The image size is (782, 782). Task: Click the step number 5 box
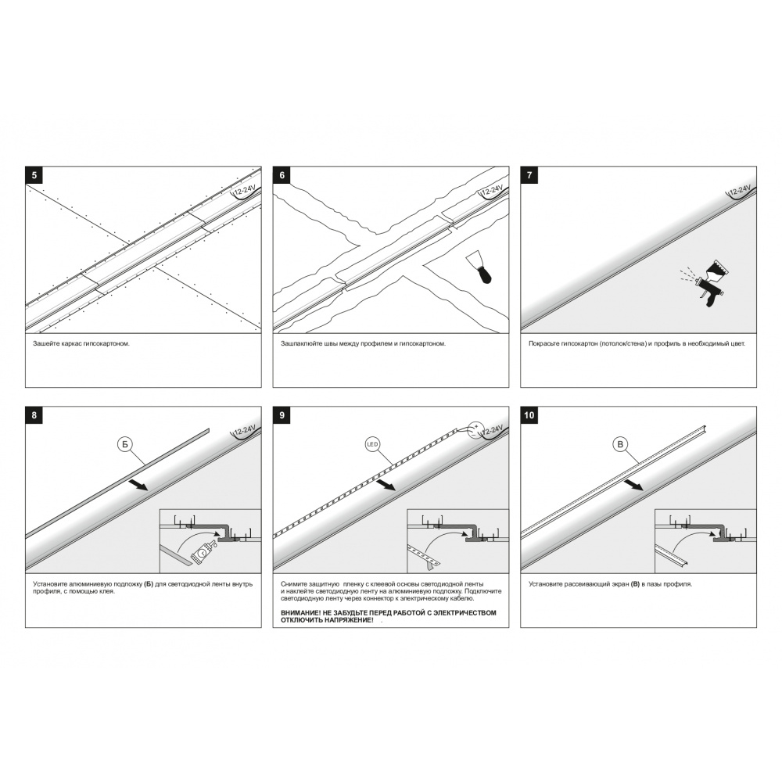pos(34,175)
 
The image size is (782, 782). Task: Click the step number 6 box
pos(282,175)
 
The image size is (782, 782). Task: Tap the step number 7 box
pos(529,175)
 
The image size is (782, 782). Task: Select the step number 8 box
pos(34,415)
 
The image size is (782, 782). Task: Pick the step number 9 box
pos(282,415)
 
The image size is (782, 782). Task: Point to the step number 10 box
pos(529,415)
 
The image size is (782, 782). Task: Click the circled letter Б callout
pos(124,444)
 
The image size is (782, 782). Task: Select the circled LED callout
pos(372,444)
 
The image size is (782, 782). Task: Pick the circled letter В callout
pos(620,444)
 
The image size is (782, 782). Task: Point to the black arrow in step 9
pos(386,485)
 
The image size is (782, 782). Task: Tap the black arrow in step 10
pos(633,485)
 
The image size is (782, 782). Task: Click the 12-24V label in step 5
pos(244,191)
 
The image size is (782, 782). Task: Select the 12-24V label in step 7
pos(739,191)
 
